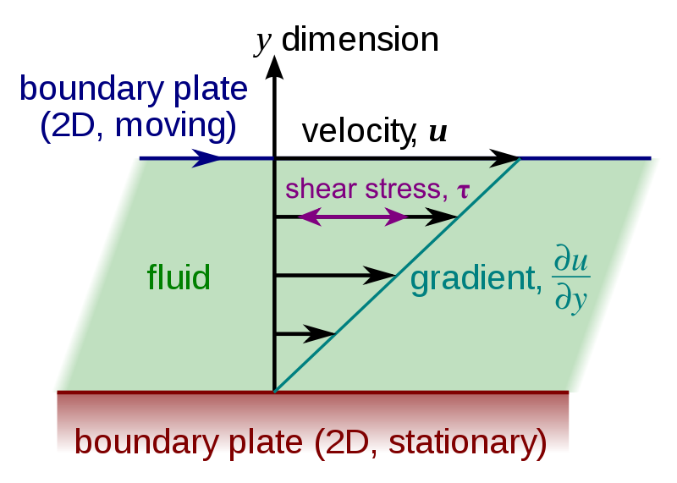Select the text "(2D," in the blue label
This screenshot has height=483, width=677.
coord(72,126)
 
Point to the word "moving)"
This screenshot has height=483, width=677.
coord(175,126)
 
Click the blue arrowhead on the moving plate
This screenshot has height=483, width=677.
coord(206,158)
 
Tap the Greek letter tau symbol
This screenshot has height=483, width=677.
coord(462,189)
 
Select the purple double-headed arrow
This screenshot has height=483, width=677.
coord(354,217)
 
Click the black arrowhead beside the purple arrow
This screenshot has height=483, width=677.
coord(442,217)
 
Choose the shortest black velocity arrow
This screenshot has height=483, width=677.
coord(306,334)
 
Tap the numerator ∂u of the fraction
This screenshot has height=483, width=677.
coord(570,261)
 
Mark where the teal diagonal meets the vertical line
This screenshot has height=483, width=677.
coord(275,390)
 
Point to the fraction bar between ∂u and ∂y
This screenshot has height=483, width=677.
coord(571,279)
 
